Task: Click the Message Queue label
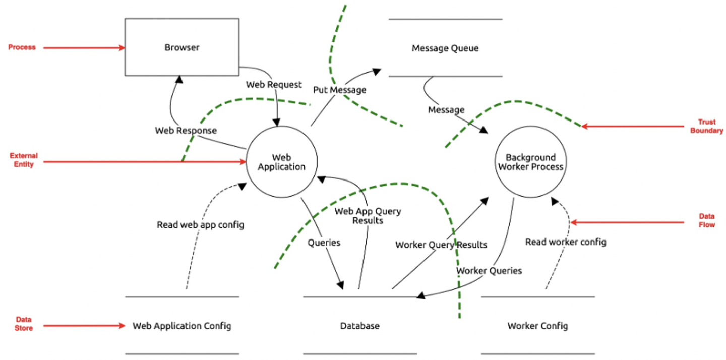pyautogui.click(x=445, y=48)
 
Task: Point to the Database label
pyautogui.click(x=360, y=326)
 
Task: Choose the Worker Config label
pyautogui.click(x=537, y=326)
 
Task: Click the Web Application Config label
pyautogui.click(x=182, y=326)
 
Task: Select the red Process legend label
pyautogui.click(x=22, y=47)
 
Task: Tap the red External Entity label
pyautogui.click(x=24, y=160)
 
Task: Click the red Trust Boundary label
pyautogui.click(x=706, y=126)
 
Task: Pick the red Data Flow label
pyautogui.click(x=706, y=220)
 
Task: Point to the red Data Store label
pyautogui.click(x=24, y=324)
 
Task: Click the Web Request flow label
pyautogui.click(x=274, y=85)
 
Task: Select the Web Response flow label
pyautogui.click(x=186, y=131)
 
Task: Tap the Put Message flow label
pyautogui.click(x=340, y=90)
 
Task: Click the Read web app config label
pyautogui.click(x=200, y=225)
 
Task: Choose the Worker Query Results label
pyautogui.click(x=441, y=245)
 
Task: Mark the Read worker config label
pyautogui.click(x=566, y=242)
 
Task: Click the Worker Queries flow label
pyautogui.click(x=489, y=271)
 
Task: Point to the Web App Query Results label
pyautogui.click(x=368, y=216)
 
